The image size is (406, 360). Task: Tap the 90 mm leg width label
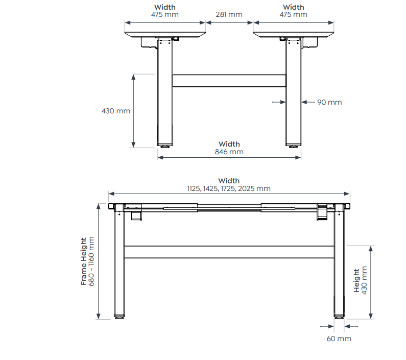pos(329,102)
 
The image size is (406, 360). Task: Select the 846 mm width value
pos(229,152)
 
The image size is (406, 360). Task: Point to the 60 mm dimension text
pos(339,339)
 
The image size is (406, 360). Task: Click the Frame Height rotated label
pos(84,261)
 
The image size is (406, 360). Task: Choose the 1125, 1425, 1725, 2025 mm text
pos(228,188)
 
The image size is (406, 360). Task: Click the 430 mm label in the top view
pos(116,110)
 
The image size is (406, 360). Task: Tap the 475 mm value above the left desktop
pos(164,14)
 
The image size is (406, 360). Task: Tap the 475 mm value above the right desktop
pos(293,14)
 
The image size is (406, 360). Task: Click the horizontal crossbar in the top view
pos(229,81)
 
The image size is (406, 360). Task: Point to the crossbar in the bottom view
pos(229,252)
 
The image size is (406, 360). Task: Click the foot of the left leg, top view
pos(165,147)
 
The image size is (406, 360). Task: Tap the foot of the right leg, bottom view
pos(339,317)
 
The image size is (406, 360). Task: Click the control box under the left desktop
pos(149,44)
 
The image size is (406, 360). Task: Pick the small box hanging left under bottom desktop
pos(136,217)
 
